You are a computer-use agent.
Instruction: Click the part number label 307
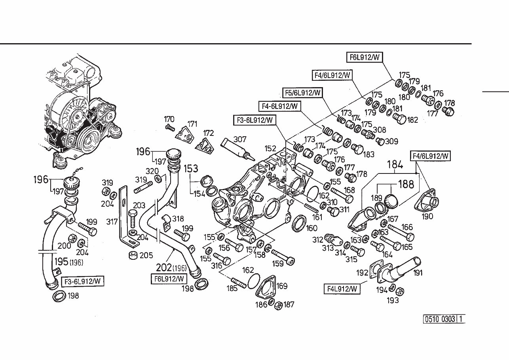[240, 139]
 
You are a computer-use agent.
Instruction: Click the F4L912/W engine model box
[342, 288]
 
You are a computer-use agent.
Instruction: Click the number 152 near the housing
[271, 148]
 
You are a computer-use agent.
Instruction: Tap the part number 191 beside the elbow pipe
[418, 272]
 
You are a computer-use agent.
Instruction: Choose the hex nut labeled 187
[278, 305]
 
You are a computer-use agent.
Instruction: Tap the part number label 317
[112, 222]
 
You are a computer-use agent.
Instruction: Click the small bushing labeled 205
[134, 254]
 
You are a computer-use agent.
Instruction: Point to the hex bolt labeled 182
[399, 118]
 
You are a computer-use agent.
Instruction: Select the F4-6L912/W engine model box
[280, 106]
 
